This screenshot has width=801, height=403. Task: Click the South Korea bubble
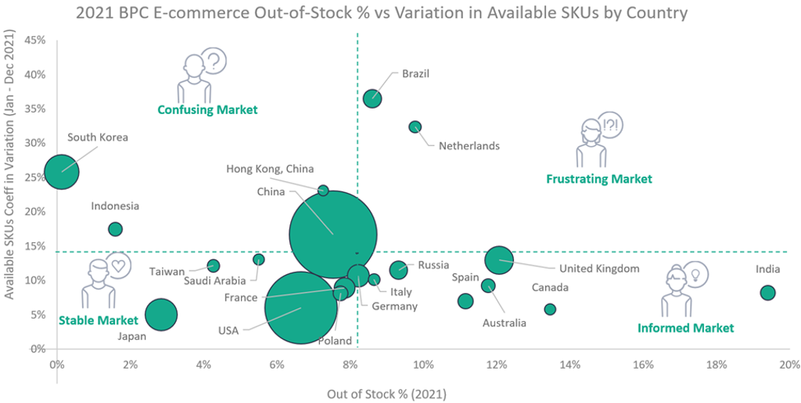62,171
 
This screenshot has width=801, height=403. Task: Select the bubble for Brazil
372,98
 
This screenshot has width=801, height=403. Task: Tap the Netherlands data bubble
415,127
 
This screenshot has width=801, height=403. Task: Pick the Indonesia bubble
116,229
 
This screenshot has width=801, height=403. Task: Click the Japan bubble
161,314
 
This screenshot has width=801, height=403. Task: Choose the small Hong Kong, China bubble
323,191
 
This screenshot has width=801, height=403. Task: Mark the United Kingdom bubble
499,259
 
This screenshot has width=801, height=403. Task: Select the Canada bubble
550,309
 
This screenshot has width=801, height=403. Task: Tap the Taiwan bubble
213,266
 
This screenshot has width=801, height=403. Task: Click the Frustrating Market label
599,179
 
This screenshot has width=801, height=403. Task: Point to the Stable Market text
99,320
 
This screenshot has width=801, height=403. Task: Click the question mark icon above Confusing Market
214,61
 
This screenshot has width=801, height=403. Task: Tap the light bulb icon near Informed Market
695,274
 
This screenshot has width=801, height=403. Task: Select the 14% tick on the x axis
569,364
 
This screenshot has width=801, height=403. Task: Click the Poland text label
335,341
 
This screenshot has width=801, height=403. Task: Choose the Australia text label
505,323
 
